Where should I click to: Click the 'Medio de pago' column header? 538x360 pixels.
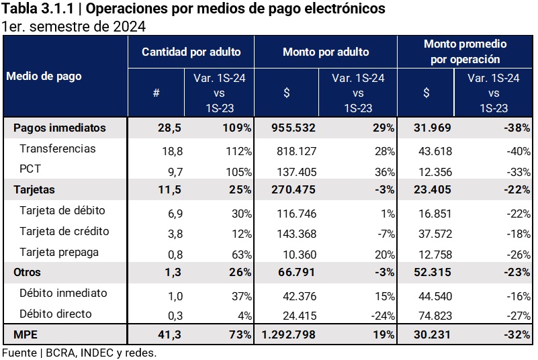(x=44, y=76)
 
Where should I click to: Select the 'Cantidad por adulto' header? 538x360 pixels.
(x=191, y=52)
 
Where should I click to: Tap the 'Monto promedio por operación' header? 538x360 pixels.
(x=465, y=52)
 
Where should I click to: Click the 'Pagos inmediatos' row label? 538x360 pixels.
(x=59, y=127)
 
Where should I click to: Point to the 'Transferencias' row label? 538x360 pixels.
(x=58, y=148)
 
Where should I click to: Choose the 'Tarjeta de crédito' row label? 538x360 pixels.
(x=64, y=232)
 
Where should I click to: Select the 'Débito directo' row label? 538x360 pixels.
(x=55, y=314)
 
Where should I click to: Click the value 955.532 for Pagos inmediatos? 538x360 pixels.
(x=293, y=128)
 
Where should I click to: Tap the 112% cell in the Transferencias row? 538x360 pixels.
(x=238, y=149)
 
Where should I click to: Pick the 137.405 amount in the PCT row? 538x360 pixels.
(x=296, y=169)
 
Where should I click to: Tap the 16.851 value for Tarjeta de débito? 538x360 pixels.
(x=433, y=212)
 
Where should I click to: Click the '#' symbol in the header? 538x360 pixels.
(x=156, y=93)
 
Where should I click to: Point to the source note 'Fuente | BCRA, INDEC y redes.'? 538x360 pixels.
(x=79, y=353)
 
